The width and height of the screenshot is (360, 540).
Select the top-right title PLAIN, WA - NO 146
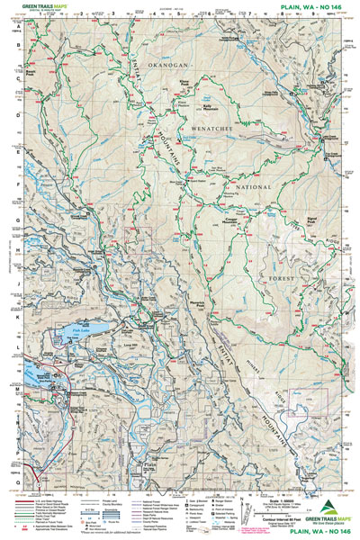pos(312,6)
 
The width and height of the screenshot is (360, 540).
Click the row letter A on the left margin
pos(16,28)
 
